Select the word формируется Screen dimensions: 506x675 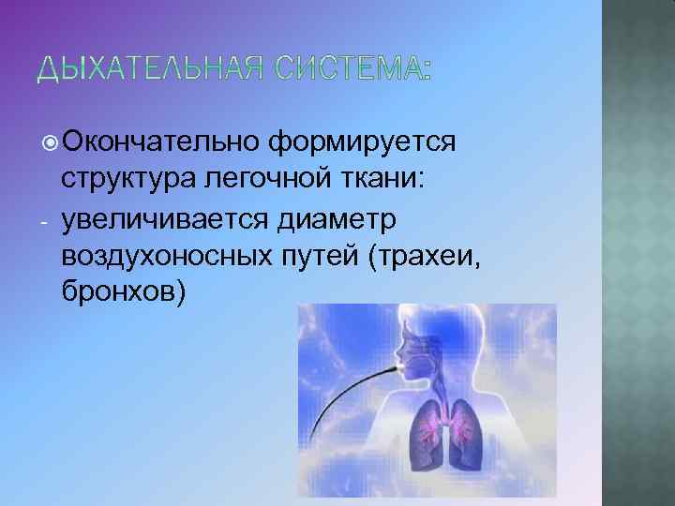pos(362,141)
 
